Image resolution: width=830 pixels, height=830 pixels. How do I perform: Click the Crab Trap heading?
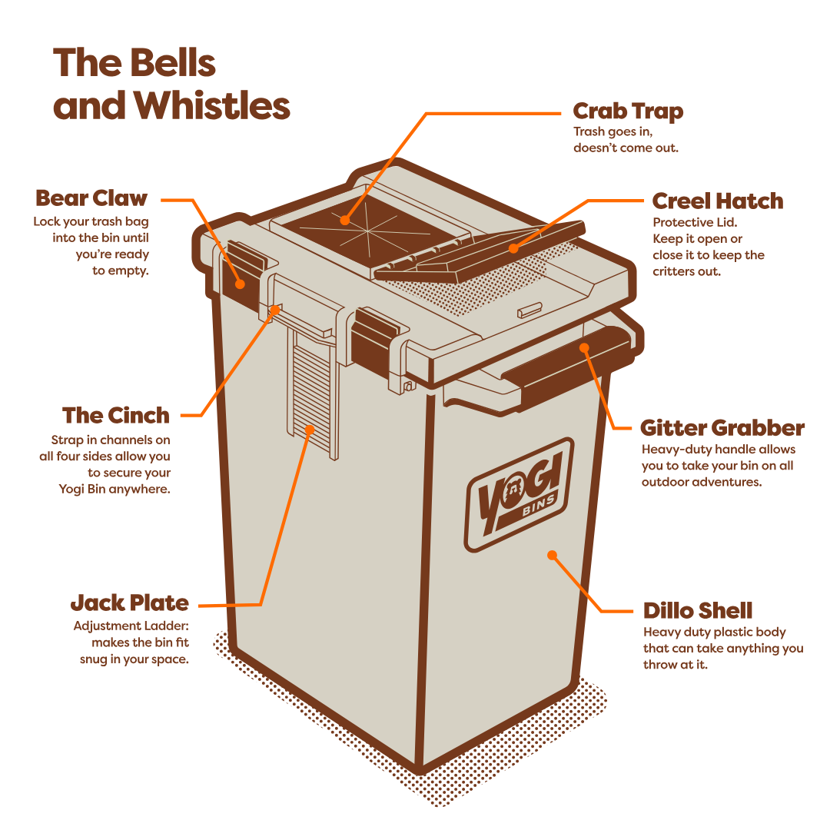click(628, 111)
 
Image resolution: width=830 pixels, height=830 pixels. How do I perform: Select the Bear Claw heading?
click(91, 198)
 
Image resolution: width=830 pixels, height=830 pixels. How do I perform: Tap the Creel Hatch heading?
click(717, 201)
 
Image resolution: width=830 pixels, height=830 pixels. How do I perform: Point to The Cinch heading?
click(116, 416)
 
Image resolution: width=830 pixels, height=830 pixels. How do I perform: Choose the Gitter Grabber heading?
click(722, 428)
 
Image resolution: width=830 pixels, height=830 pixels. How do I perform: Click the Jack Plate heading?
click(129, 603)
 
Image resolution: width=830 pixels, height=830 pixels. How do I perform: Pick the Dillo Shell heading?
click(697, 611)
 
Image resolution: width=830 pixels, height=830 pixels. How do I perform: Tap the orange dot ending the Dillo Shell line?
click(551, 554)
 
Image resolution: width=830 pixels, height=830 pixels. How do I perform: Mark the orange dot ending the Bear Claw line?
click(241, 283)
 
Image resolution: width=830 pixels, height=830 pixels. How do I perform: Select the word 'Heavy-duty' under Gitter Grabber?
click(670, 450)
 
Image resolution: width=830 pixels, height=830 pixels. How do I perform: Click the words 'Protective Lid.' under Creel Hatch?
click(682, 223)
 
